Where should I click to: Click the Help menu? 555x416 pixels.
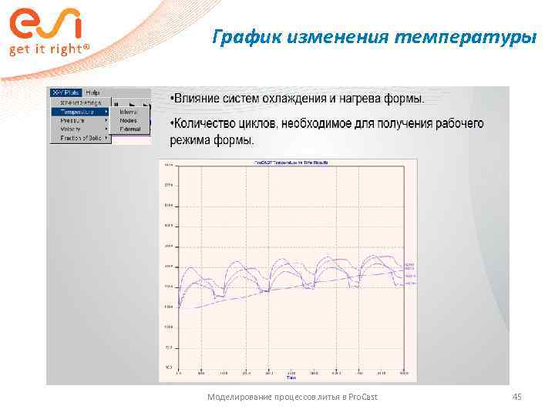coord(92,92)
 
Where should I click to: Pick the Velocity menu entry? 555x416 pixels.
coord(70,129)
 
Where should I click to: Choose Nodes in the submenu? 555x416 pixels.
coord(128,120)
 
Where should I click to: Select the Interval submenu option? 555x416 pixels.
coord(128,112)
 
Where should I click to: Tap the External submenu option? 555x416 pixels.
coord(129,129)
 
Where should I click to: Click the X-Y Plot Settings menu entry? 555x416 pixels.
coord(80,102)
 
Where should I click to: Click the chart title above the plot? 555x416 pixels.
coord(287,163)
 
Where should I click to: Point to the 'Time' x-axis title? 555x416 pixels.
coord(291,378)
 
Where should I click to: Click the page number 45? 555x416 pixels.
coord(517,397)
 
